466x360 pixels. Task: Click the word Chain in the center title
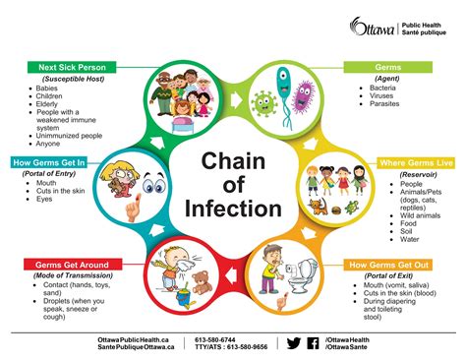pos(232,161)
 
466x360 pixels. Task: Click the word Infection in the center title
pos(232,209)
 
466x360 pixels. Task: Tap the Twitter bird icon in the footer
pos(293,343)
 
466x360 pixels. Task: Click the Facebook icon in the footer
pos(313,343)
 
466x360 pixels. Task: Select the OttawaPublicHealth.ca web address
pos(136,338)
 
